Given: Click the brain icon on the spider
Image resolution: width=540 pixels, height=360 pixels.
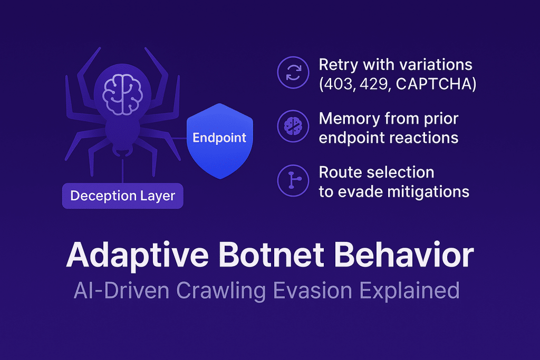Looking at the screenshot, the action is (x=122, y=95).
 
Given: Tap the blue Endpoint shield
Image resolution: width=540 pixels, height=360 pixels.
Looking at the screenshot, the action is (x=220, y=141).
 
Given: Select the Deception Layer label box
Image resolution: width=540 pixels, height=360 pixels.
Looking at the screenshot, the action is (x=122, y=196).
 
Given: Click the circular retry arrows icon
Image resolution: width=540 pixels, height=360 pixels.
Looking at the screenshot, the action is (x=293, y=73).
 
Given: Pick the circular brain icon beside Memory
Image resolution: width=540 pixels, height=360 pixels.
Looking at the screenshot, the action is (x=293, y=127).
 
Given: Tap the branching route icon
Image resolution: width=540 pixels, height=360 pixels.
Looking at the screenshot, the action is (x=293, y=180).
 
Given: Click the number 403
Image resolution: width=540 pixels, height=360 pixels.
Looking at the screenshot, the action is (x=338, y=84).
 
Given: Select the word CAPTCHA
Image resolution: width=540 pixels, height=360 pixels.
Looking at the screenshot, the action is (x=433, y=84).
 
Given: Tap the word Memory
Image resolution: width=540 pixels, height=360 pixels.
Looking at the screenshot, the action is (x=349, y=119).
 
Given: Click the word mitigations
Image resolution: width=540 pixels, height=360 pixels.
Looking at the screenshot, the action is (x=428, y=192).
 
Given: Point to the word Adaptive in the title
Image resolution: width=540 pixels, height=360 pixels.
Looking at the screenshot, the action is (x=137, y=255).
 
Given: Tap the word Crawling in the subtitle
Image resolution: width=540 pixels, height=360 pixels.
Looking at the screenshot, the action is (x=221, y=291).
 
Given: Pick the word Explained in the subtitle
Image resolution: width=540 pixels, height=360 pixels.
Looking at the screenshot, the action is (x=409, y=291).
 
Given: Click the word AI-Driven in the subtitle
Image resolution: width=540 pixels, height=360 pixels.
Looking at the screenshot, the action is (x=122, y=291).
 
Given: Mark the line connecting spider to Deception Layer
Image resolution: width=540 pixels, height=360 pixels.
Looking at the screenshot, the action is (x=122, y=171).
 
